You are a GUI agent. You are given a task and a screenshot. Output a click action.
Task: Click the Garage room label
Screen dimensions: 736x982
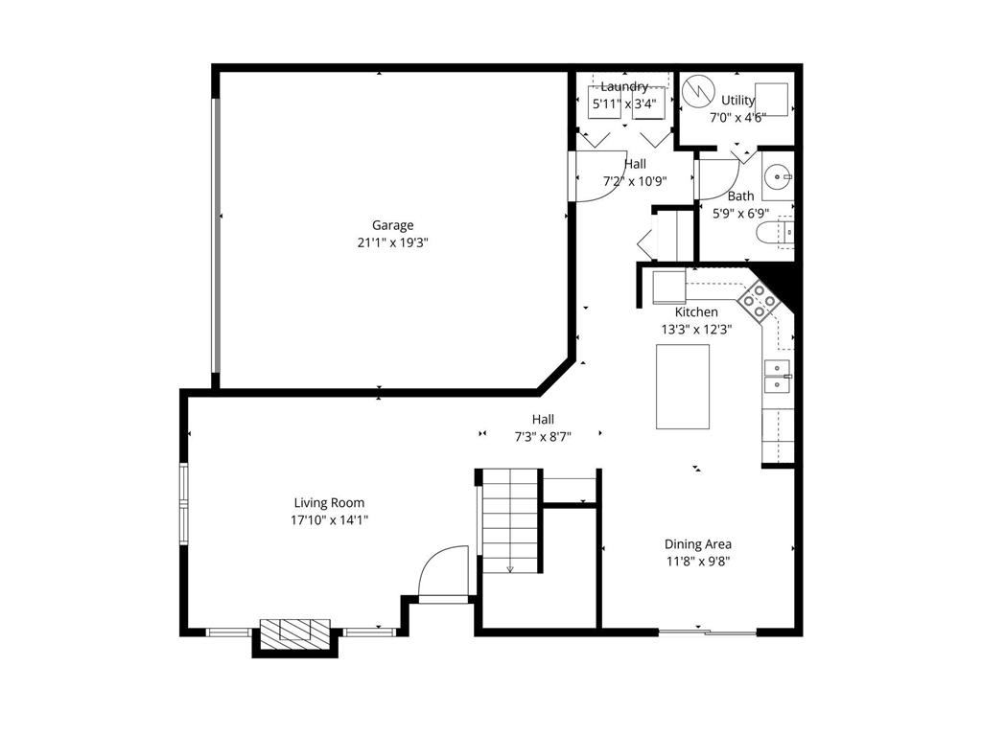[x=393, y=225]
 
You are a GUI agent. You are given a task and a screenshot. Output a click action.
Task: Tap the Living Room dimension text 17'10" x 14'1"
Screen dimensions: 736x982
[x=329, y=519]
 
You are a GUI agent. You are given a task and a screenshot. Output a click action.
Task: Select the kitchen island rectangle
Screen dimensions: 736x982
[x=683, y=386]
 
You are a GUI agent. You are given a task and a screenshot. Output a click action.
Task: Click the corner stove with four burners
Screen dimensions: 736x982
[x=760, y=301]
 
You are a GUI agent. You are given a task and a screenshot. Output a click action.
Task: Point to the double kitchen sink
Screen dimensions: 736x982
[x=777, y=377]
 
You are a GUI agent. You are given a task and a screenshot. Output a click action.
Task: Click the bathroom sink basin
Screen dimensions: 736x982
[x=778, y=176]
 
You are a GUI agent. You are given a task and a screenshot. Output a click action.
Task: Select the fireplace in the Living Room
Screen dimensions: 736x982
[x=296, y=632]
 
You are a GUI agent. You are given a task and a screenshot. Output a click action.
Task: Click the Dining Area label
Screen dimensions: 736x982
[x=698, y=543]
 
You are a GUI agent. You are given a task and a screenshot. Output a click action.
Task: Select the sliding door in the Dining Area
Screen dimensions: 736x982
[x=708, y=632]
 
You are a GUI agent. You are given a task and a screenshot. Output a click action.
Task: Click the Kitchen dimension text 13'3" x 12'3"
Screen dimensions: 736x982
[x=696, y=329]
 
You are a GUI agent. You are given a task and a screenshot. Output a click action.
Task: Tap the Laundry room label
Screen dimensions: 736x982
[x=624, y=87]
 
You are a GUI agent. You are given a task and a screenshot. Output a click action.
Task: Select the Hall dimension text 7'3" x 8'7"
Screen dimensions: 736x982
[x=543, y=436]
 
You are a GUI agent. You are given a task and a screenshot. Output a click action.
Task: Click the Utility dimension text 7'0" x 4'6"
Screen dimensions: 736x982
[x=736, y=117]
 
